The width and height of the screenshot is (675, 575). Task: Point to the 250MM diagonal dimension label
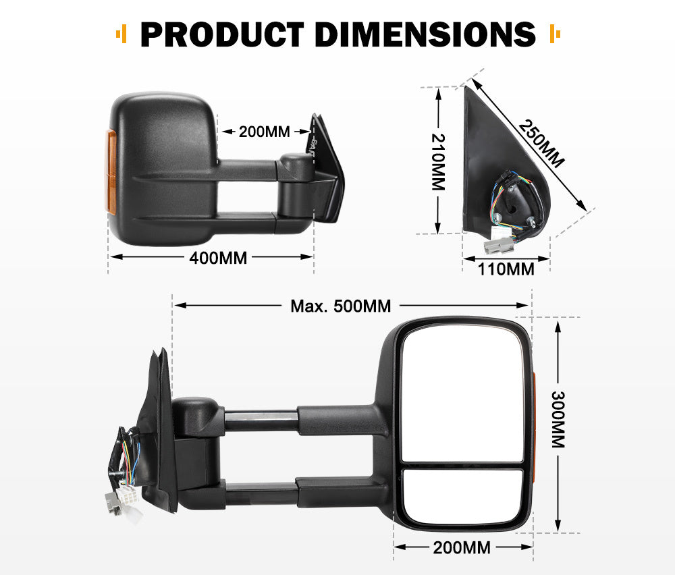(542, 143)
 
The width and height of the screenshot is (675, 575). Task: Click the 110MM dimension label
(506, 270)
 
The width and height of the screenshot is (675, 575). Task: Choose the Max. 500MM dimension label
(340, 306)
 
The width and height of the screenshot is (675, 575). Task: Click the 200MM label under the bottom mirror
(462, 547)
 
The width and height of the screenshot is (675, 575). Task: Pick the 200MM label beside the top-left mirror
(265, 132)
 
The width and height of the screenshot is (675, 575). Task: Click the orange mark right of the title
(555, 34)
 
